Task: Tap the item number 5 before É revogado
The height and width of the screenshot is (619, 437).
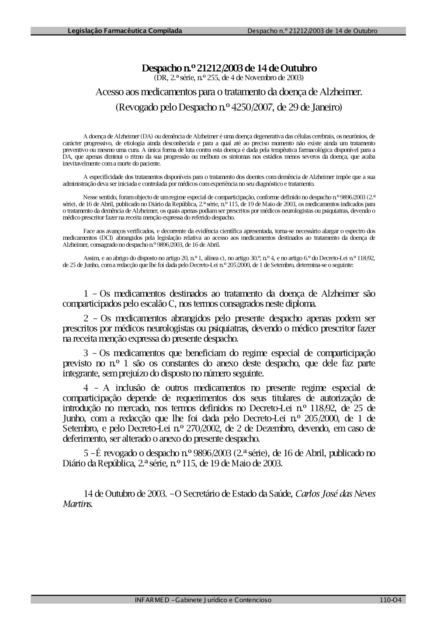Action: pos(86,453)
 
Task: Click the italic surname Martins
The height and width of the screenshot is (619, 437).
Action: pos(77,504)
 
